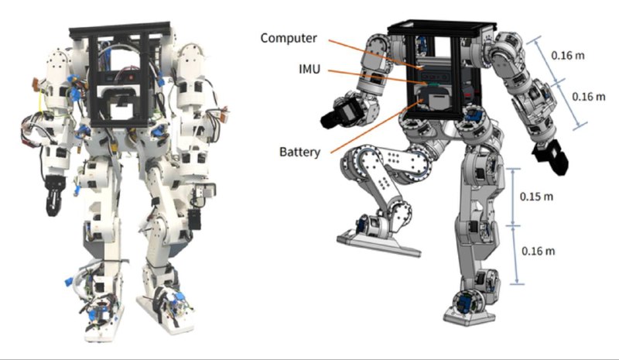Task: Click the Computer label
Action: pyautogui.click(x=289, y=38)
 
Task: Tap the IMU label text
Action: pyautogui.click(x=309, y=70)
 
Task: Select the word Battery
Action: pyautogui.click(x=299, y=152)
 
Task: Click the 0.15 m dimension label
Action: pyautogui.click(x=536, y=197)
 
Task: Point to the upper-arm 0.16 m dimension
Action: pyautogui.click(x=568, y=55)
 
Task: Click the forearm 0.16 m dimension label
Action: pyautogui.click(x=588, y=97)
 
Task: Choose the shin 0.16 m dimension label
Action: pyautogui.click(x=538, y=251)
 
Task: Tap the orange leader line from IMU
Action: pyautogui.click(x=378, y=77)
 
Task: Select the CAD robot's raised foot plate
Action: pyautogui.click(x=378, y=243)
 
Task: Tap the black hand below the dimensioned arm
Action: pyautogui.click(x=551, y=156)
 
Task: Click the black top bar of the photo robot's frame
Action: pyautogui.click(x=120, y=30)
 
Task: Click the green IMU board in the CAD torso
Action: pyautogui.click(x=432, y=84)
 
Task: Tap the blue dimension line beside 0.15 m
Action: pyautogui.click(x=513, y=197)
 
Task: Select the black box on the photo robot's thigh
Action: pyautogui.click(x=194, y=220)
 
